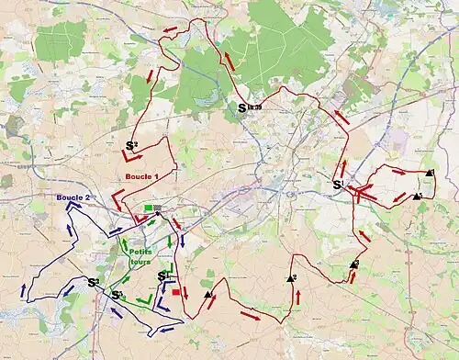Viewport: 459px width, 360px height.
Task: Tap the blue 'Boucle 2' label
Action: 73,197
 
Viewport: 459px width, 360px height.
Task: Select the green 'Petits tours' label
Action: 141,255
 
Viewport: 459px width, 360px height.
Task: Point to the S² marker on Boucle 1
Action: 131,145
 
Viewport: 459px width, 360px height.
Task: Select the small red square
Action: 175,292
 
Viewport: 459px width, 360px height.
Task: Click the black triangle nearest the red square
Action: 208,295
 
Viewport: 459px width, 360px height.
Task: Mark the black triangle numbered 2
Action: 354,265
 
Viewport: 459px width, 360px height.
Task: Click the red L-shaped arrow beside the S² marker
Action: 133,158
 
